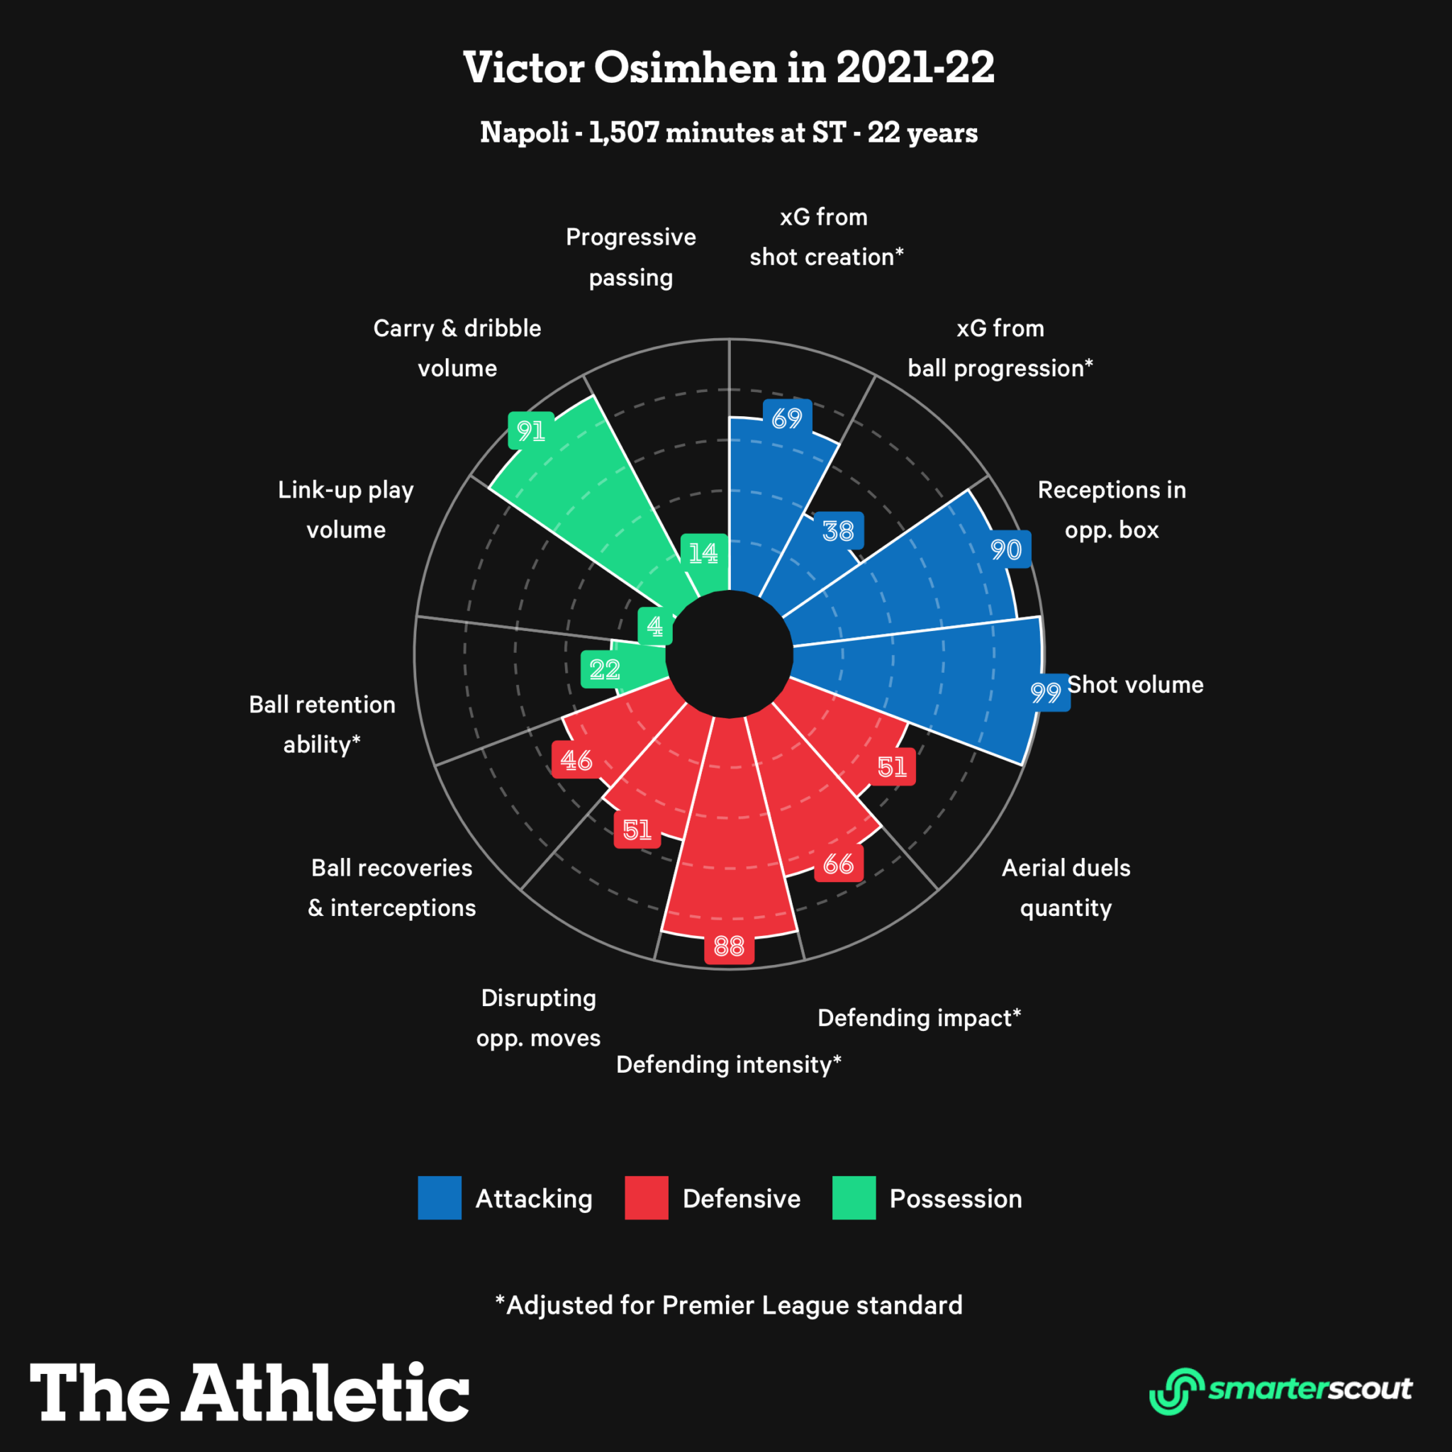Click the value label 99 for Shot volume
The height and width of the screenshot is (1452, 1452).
pyautogui.click(x=1046, y=692)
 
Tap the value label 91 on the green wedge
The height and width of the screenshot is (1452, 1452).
pyautogui.click(x=531, y=430)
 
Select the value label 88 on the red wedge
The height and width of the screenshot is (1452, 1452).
pyautogui.click(x=728, y=946)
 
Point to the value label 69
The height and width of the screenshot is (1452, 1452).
pyautogui.click(x=787, y=418)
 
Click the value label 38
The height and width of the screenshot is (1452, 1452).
pyautogui.click(x=838, y=531)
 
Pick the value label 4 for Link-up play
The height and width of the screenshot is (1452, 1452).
pyautogui.click(x=654, y=625)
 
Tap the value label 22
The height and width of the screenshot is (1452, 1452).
pyautogui.click(x=604, y=669)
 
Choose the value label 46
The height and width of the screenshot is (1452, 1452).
pyautogui.click(x=576, y=760)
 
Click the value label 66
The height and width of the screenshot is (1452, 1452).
pyautogui.click(x=838, y=864)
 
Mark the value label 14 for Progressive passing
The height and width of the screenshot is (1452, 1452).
pyautogui.click(x=703, y=553)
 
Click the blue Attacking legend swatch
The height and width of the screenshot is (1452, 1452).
pyautogui.click(x=440, y=1198)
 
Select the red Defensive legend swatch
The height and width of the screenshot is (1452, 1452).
pyautogui.click(x=647, y=1198)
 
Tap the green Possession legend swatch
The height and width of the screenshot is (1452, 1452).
pyautogui.click(x=854, y=1198)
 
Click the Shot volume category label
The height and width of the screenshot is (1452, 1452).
pyautogui.click(x=1136, y=685)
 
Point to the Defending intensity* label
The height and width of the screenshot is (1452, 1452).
pyautogui.click(x=728, y=1064)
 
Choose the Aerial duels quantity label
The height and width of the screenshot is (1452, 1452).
pyautogui.click(x=1066, y=888)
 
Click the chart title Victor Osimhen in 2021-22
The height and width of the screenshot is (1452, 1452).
pyautogui.click(x=728, y=67)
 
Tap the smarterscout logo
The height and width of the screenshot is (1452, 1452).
pyautogui.click(x=1280, y=1390)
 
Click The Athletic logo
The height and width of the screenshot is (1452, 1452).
pyautogui.click(x=250, y=1392)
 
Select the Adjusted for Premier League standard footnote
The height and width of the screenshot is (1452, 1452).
pyautogui.click(x=728, y=1305)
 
